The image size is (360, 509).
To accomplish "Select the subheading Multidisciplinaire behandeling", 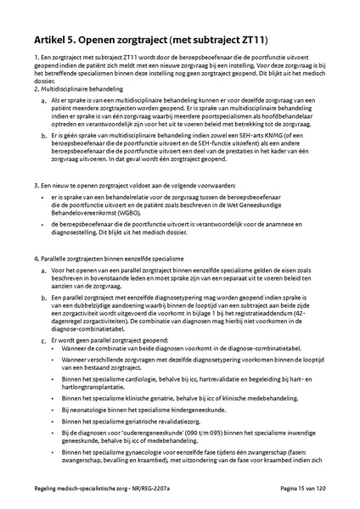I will (x=72, y=89).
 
